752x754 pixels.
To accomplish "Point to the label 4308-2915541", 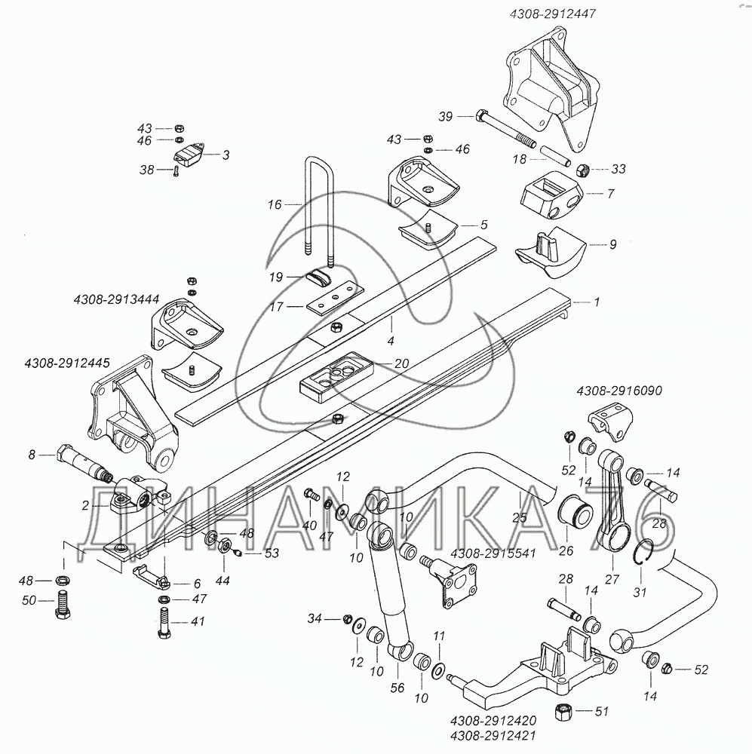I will click(493, 553).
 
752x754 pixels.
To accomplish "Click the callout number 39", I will click(446, 116).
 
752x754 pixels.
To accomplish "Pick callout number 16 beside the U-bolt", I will click(274, 204).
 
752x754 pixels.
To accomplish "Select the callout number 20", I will click(401, 363).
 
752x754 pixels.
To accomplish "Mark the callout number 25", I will click(519, 519).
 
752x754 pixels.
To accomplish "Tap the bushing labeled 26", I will click(576, 514).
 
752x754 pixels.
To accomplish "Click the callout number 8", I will click(32, 454).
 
